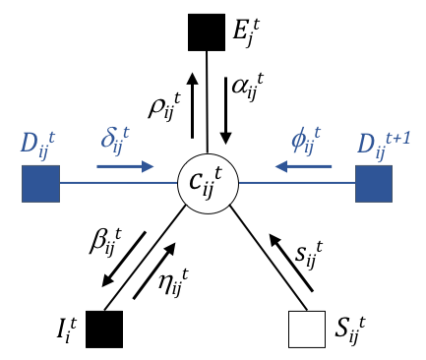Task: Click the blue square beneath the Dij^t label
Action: (x=40, y=183)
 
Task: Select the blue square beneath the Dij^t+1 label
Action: (x=374, y=183)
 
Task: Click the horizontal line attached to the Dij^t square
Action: (x=118, y=182)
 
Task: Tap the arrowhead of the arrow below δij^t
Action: (x=148, y=166)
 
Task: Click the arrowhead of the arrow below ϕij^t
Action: (x=280, y=166)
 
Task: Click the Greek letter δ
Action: (x=109, y=138)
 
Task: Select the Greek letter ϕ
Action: (x=300, y=140)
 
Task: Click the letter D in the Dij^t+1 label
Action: (x=366, y=144)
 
